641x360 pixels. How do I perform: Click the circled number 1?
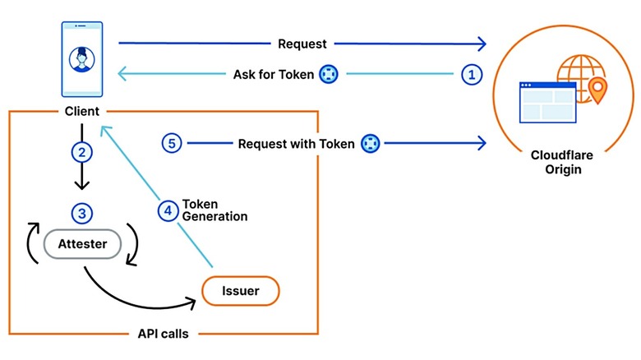pyautogui.click(x=471, y=74)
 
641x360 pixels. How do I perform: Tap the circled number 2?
pyautogui.click(x=81, y=152)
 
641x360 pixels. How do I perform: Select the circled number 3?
pyautogui.click(x=81, y=213)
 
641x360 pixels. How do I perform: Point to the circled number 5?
pyautogui.click(x=170, y=143)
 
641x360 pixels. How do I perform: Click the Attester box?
pyautogui.click(x=82, y=243)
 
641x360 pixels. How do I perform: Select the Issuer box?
pyautogui.click(x=240, y=290)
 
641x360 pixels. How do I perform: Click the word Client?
pyautogui.click(x=81, y=111)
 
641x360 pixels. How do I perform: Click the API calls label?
pyautogui.click(x=164, y=335)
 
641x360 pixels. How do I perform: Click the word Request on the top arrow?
pyautogui.click(x=303, y=44)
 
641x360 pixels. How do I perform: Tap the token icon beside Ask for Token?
pyautogui.click(x=329, y=74)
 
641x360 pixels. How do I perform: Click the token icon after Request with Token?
pyautogui.click(x=370, y=143)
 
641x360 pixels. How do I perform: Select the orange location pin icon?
pyautogui.click(x=596, y=90)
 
